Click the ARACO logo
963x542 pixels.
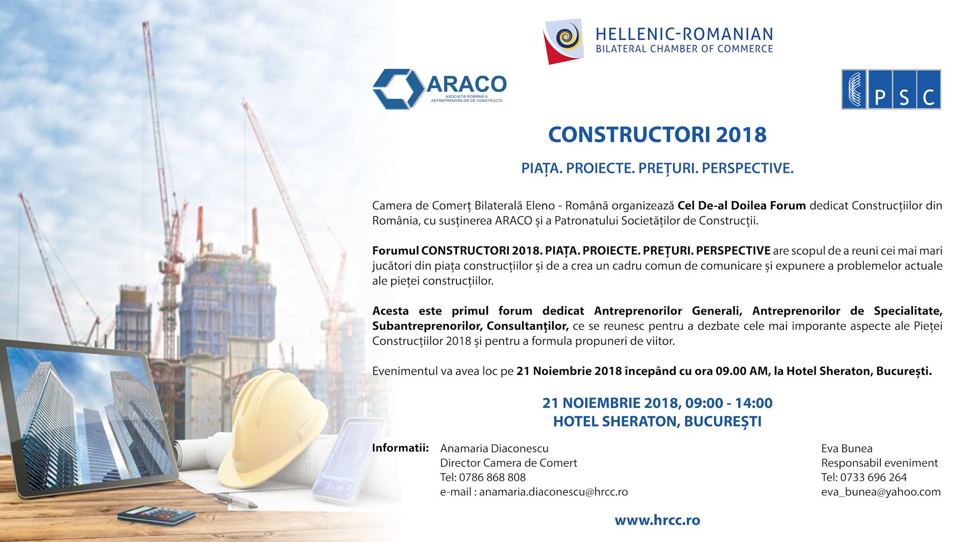[440, 89]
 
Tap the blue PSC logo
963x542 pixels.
[891, 89]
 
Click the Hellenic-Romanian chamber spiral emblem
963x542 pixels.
[564, 41]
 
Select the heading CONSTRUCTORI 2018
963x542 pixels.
[657, 134]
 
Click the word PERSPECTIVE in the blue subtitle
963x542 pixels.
[747, 168]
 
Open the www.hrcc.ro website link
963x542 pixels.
[657, 520]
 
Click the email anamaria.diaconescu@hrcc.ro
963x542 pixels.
[553, 492]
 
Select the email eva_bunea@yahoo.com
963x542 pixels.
[881, 492]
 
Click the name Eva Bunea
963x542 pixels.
[847, 448]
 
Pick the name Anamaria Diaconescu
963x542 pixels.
[494, 448]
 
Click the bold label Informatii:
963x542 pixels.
[400, 448]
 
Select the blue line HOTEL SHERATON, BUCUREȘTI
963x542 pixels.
[657, 422]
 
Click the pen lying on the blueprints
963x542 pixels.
[236, 500]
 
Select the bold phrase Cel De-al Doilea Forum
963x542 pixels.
[741, 205]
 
